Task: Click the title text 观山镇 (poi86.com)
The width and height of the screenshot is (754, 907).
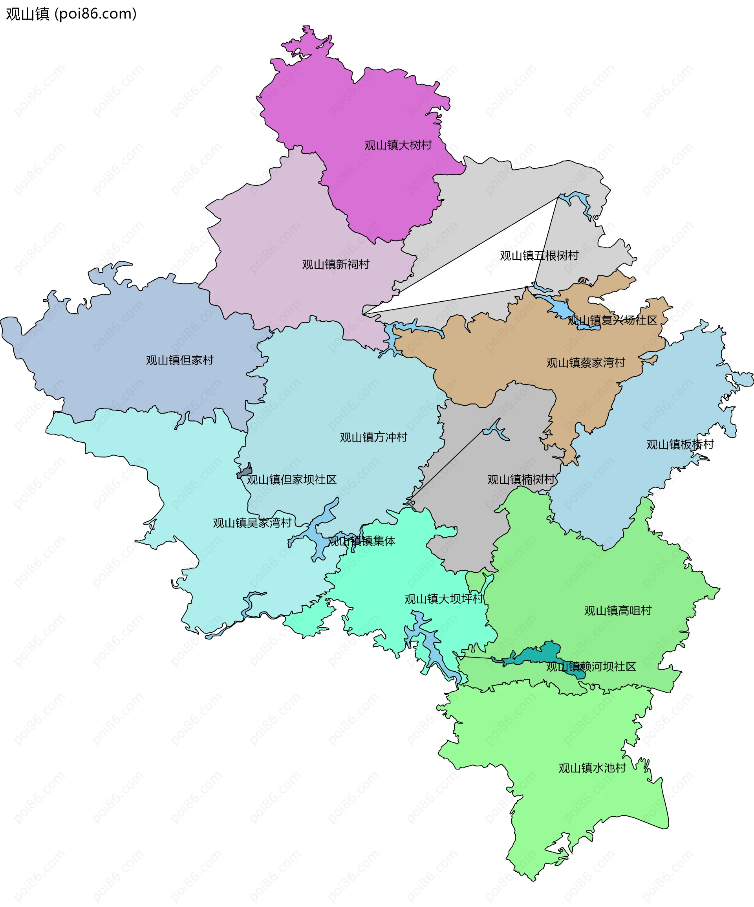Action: click(x=71, y=14)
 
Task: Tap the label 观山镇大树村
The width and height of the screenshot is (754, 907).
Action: click(x=398, y=145)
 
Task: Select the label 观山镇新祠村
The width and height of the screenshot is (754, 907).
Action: click(x=335, y=264)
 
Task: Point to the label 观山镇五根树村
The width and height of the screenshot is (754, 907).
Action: click(x=539, y=256)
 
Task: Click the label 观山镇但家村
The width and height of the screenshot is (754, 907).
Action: click(x=179, y=360)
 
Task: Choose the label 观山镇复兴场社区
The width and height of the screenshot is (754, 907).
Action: click(x=612, y=320)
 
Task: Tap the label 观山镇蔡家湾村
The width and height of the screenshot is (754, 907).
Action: click(x=586, y=363)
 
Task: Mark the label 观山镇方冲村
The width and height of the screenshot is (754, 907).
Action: click(x=373, y=438)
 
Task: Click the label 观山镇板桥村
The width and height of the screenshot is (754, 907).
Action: click(x=680, y=444)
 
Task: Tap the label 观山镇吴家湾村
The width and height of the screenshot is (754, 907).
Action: click(x=252, y=523)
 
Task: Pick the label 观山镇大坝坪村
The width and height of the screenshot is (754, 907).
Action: click(x=444, y=599)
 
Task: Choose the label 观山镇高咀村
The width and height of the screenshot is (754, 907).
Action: click(x=618, y=611)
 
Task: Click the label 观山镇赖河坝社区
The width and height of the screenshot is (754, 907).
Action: click(x=591, y=667)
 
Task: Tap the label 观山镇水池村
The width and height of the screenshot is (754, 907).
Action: click(x=592, y=768)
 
